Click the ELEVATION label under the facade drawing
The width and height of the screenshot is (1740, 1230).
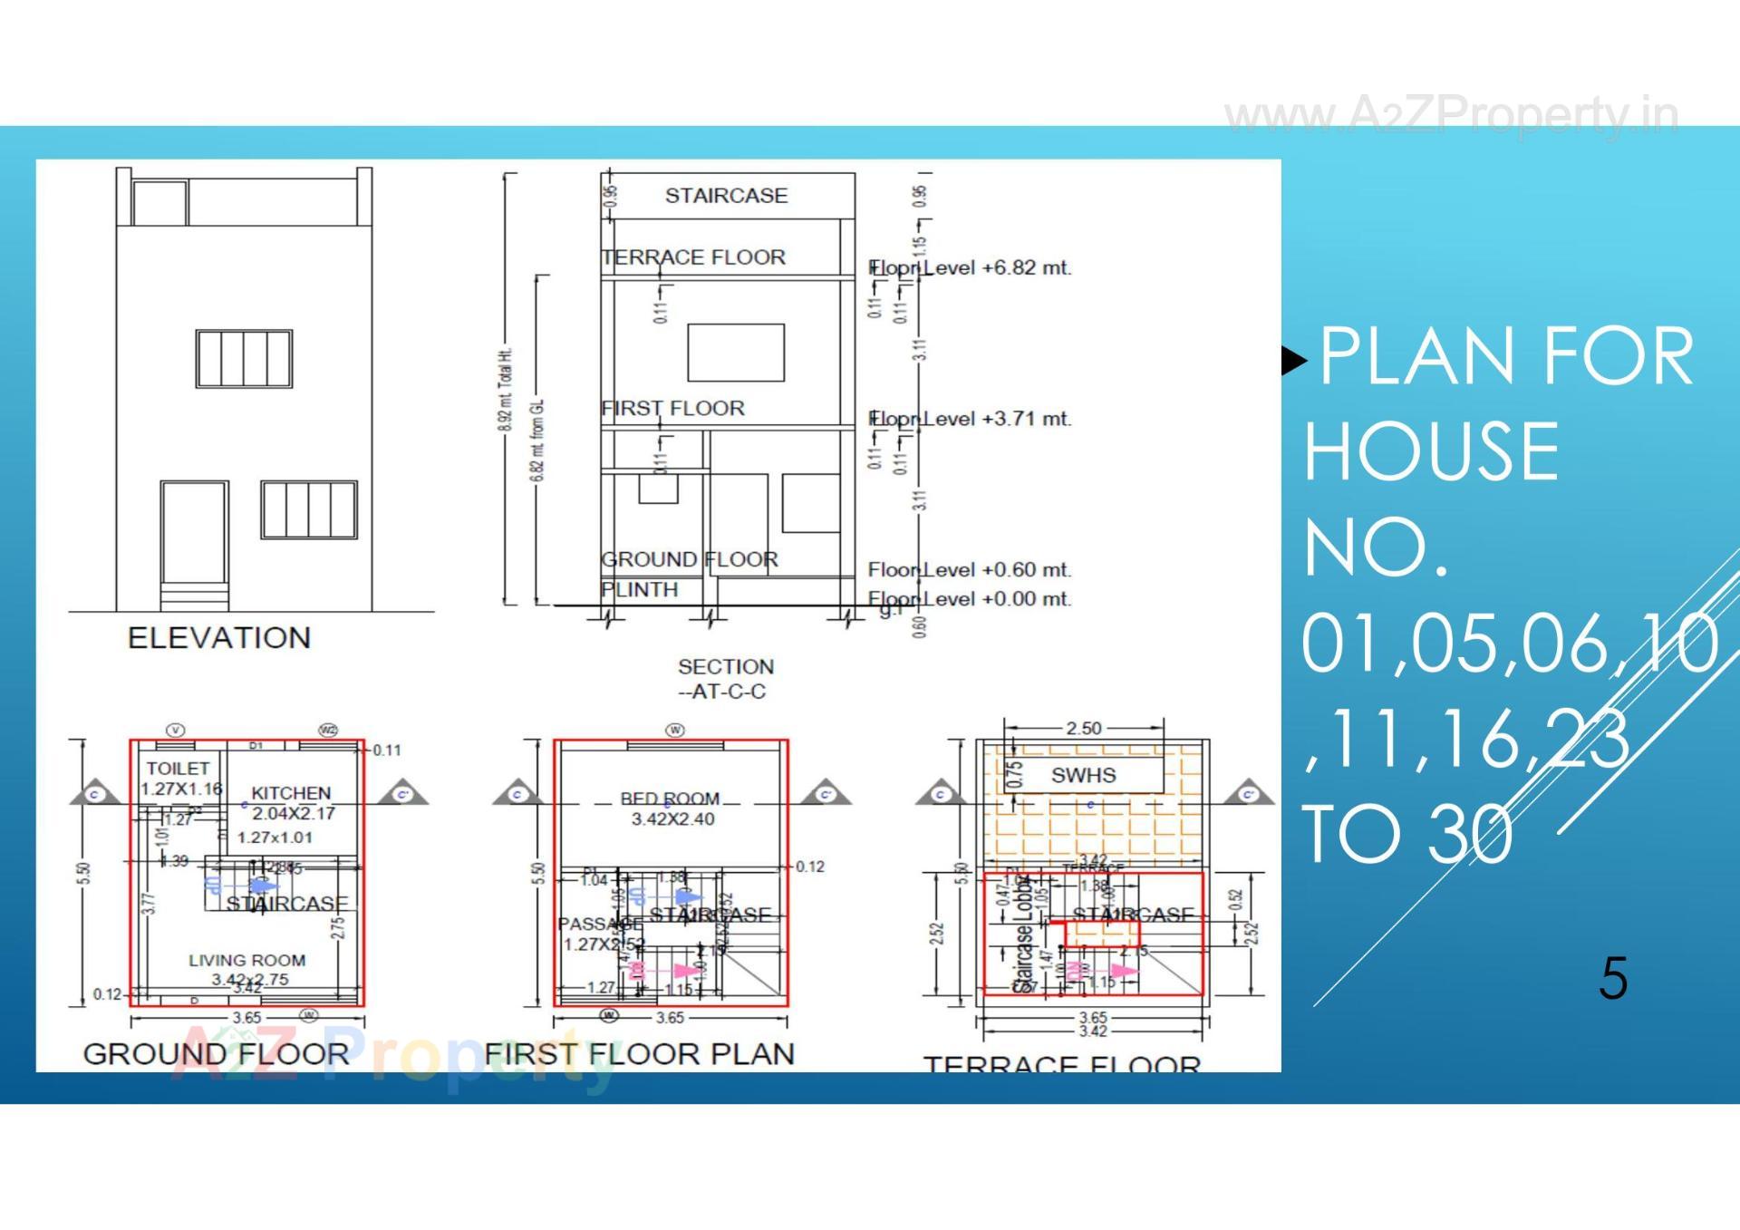tap(218, 637)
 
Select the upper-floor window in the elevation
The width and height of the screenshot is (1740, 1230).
tap(244, 359)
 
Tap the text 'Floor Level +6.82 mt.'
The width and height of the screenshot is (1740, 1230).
tap(970, 268)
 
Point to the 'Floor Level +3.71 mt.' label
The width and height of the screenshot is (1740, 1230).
tap(970, 419)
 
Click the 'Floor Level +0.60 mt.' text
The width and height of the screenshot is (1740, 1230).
tap(970, 570)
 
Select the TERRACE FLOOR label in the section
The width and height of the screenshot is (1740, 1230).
tap(693, 257)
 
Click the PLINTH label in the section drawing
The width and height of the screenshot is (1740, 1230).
tap(639, 590)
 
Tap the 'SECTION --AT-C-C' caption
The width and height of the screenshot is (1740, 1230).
tap(725, 679)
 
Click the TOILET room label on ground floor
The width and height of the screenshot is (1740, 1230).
tap(178, 769)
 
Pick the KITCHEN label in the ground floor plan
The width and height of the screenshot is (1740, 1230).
tap(291, 793)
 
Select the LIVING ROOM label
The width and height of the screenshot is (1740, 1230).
tap(246, 960)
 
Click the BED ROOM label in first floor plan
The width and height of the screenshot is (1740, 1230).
tap(670, 799)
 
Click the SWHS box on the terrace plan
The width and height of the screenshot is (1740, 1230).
tap(1083, 775)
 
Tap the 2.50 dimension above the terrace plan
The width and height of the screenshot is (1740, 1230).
tap(1083, 728)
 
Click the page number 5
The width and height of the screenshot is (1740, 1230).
tap(1613, 979)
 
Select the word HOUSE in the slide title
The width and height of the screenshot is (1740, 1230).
tap(1430, 451)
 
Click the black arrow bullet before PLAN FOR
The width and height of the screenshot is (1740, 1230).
tap(1294, 361)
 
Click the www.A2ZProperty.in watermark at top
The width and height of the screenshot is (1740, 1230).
tap(1450, 116)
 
